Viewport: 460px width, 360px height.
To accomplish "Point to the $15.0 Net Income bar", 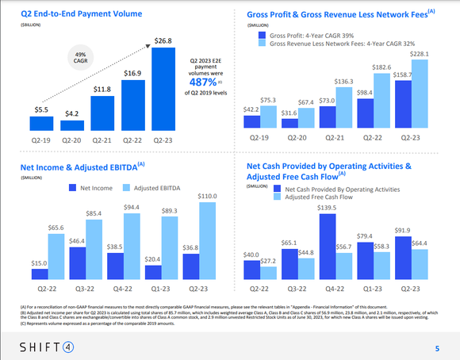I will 40,274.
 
